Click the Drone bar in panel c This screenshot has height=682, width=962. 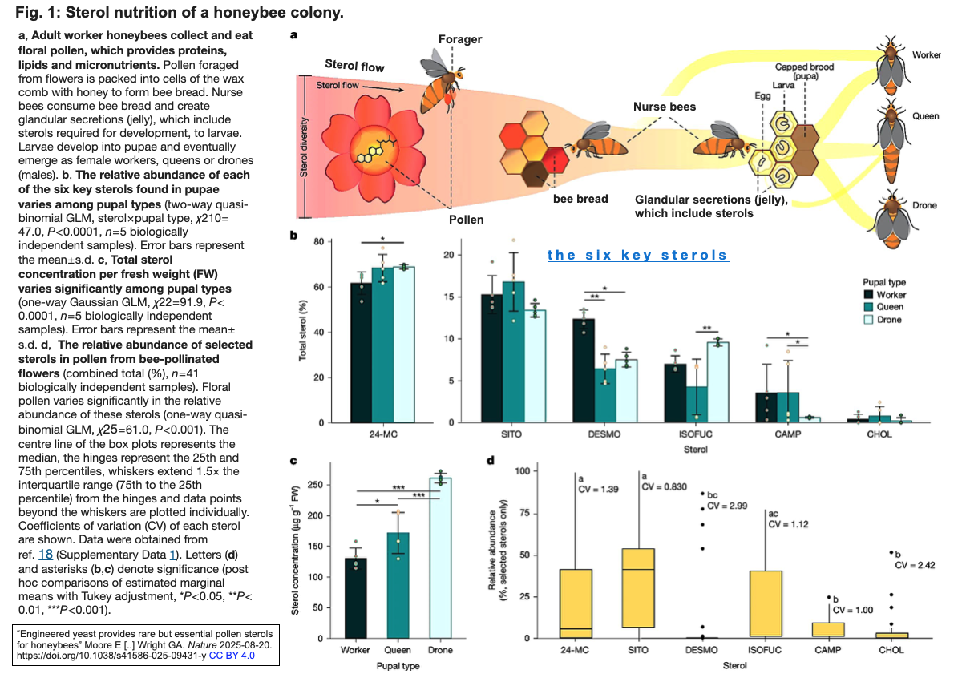point(440,558)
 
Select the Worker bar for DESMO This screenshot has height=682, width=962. point(584,370)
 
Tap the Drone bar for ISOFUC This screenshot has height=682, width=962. point(717,382)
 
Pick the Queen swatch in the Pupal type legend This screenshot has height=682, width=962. point(868,307)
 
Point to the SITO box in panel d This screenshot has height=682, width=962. point(638,587)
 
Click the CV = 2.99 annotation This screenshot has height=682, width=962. point(727,506)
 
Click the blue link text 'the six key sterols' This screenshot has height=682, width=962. point(638,255)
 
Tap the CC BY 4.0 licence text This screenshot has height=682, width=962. point(232,656)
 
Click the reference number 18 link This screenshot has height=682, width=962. point(46,555)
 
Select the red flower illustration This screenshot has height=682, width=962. point(374,148)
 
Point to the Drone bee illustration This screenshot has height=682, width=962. point(892,219)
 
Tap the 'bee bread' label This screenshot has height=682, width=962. point(580,199)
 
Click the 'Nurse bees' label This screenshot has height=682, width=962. point(665,107)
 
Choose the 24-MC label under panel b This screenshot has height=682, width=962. point(383,434)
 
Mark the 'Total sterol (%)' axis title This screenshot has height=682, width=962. point(303,330)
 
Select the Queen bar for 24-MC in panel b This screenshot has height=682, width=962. point(382,345)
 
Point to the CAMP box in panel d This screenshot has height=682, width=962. point(828,630)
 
